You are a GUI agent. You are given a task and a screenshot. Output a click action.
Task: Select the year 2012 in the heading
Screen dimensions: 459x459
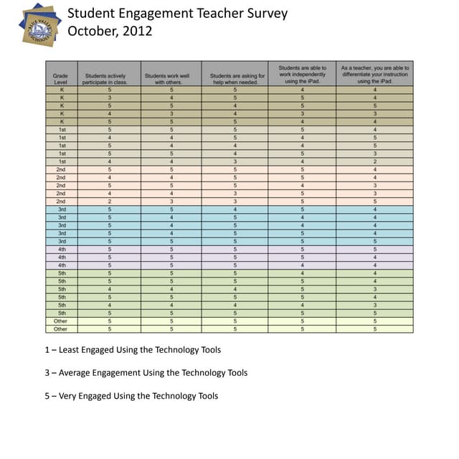point(138,31)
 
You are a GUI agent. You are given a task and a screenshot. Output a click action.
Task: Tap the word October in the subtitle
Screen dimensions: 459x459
point(91,31)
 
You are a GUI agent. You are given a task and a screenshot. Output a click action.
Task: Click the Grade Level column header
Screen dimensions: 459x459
point(61,78)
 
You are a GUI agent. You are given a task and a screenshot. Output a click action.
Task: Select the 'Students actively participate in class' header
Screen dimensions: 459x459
point(109,78)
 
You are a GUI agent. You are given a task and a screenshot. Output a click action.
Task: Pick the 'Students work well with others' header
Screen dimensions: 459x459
point(171,78)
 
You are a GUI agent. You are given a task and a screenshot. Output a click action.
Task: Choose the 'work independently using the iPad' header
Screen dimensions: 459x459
point(303,75)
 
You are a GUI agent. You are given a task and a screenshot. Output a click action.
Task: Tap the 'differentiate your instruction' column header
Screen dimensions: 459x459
point(374,75)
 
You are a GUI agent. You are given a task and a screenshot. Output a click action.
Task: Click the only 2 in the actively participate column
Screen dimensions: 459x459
point(110,202)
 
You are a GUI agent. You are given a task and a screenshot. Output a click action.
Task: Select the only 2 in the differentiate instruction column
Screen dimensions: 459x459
point(375,162)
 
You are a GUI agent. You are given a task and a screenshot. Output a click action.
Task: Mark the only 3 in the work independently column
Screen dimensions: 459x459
point(303,113)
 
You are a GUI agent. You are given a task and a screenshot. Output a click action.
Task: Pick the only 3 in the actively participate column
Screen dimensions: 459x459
point(110,98)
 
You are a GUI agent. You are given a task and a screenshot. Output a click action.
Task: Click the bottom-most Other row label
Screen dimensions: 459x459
point(61,329)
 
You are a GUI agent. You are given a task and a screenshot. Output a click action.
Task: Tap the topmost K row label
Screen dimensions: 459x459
point(62,90)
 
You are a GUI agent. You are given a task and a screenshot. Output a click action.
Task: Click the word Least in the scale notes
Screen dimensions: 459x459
point(74,350)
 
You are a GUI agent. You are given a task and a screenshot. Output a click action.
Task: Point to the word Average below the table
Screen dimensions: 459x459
point(80,373)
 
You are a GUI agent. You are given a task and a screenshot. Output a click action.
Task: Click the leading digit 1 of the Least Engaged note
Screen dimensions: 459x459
point(47,350)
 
